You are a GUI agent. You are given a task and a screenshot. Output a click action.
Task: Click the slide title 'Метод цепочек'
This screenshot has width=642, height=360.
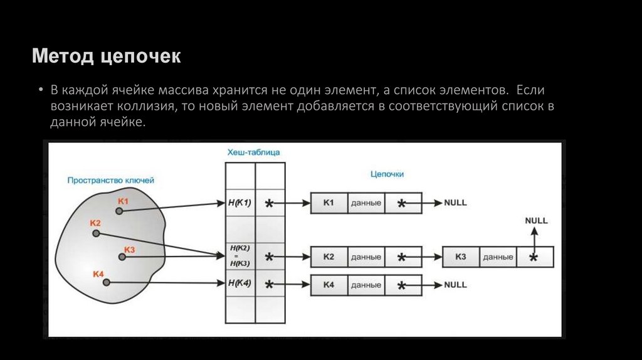point(107,58)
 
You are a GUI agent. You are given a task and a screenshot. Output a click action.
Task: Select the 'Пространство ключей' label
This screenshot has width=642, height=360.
point(111,180)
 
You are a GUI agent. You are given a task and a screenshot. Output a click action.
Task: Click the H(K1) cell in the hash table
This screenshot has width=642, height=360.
point(240,203)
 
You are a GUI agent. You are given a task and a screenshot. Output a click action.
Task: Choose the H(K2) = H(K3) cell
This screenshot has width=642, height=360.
point(240,256)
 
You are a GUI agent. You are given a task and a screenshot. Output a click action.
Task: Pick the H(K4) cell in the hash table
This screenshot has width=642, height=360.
point(240,283)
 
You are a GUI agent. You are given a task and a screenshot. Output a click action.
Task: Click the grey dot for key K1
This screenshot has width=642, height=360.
point(118,211)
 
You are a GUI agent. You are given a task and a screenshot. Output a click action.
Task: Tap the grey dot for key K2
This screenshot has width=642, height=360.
point(96,233)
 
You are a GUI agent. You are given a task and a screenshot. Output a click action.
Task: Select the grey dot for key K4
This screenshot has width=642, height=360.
point(106,283)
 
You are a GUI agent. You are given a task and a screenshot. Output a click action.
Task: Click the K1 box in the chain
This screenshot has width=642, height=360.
point(329,203)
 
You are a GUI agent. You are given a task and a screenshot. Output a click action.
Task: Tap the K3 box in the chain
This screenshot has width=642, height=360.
point(461,257)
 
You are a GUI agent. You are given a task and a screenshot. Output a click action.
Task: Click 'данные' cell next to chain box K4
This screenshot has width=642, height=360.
point(366,285)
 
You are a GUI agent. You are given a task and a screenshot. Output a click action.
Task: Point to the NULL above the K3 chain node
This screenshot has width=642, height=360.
point(536,221)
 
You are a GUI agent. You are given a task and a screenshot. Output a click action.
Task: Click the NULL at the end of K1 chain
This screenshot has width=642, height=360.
point(455,203)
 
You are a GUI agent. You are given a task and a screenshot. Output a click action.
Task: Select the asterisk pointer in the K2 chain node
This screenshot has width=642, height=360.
point(402,257)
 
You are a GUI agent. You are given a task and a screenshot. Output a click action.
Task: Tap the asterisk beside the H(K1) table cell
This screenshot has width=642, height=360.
point(270,204)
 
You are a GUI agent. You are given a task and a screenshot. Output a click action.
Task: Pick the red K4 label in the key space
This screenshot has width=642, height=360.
point(98,274)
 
